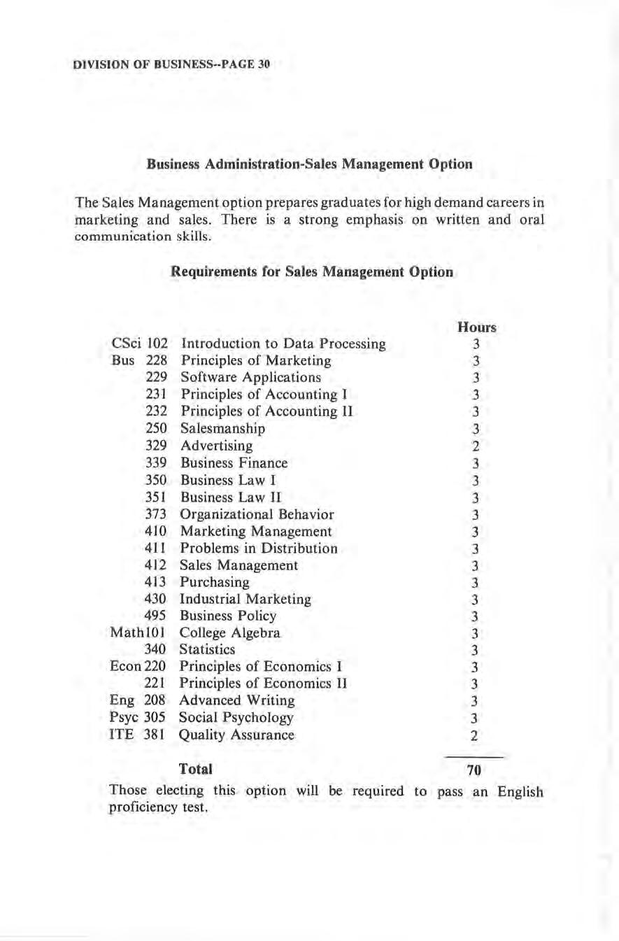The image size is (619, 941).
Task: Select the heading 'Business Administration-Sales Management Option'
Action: pyautogui.click(x=309, y=164)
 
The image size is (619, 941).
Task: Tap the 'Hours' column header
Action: pyautogui.click(x=476, y=327)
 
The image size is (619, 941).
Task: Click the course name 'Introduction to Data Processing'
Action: pyautogui.click(x=283, y=344)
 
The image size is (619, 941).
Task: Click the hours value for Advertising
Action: pyautogui.click(x=474, y=446)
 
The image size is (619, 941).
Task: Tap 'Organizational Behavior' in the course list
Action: pyautogui.click(x=257, y=514)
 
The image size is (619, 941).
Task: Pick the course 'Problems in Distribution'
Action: pyautogui.click(x=259, y=548)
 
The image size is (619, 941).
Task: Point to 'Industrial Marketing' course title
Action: pyautogui.click(x=246, y=599)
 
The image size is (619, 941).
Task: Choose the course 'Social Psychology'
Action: pyautogui.click(x=236, y=718)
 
